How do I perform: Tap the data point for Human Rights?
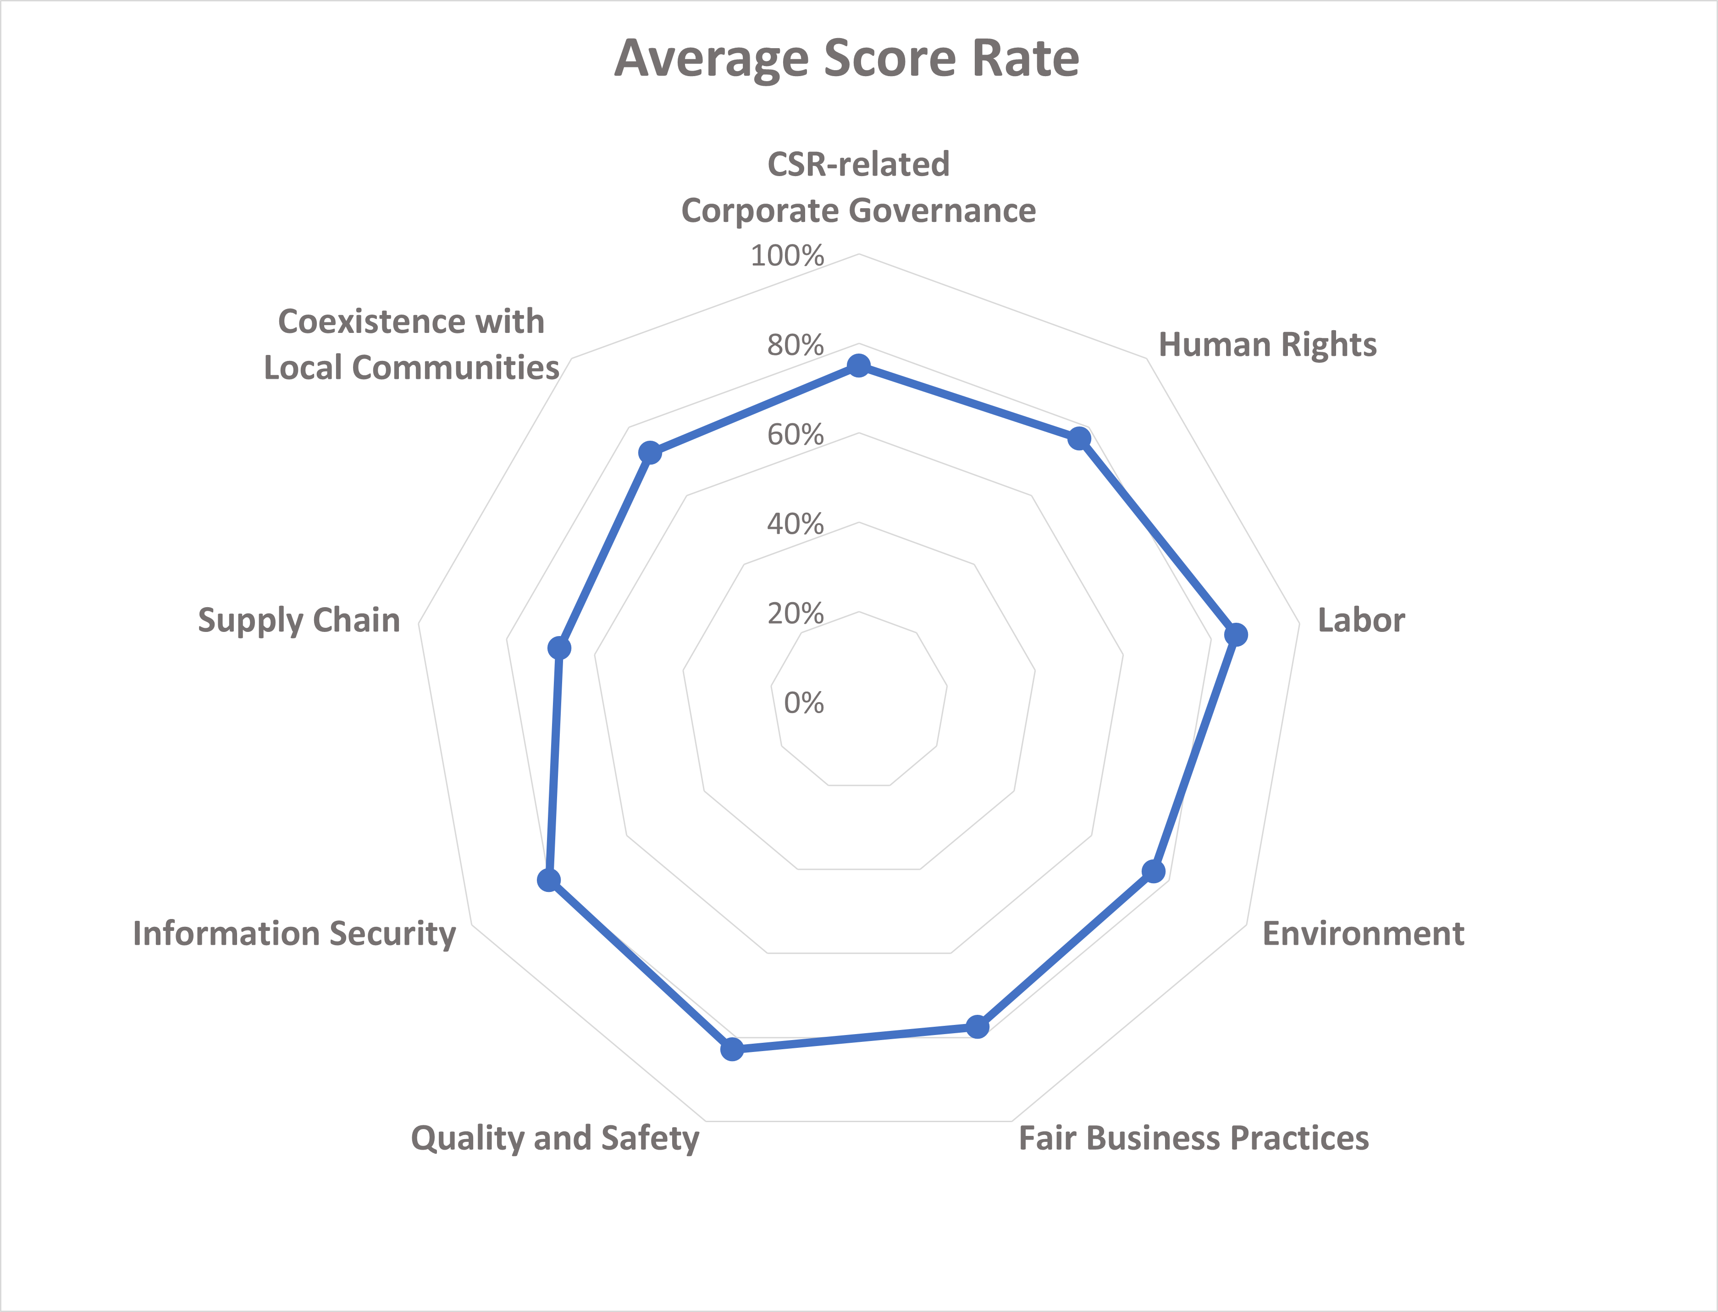click(x=1079, y=438)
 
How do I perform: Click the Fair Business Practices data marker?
click(x=977, y=1026)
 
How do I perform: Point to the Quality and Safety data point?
click(x=732, y=1049)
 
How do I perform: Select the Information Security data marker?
click(x=549, y=880)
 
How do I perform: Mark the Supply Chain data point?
click(x=559, y=648)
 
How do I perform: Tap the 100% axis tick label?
click(x=787, y=255)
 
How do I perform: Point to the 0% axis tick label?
click(x=804, y=703)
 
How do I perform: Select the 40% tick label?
click(x=795, y=524)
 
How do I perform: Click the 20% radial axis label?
click(x=795, y=614)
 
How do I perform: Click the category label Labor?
click(x=1361, y=620)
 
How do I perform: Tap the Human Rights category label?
click(x=1267, y=344)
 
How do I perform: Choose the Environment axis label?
click(x=1363, y=933)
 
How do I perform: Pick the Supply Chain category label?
click(x=299, y=620)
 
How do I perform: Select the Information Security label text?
click(x=294, y=933)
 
